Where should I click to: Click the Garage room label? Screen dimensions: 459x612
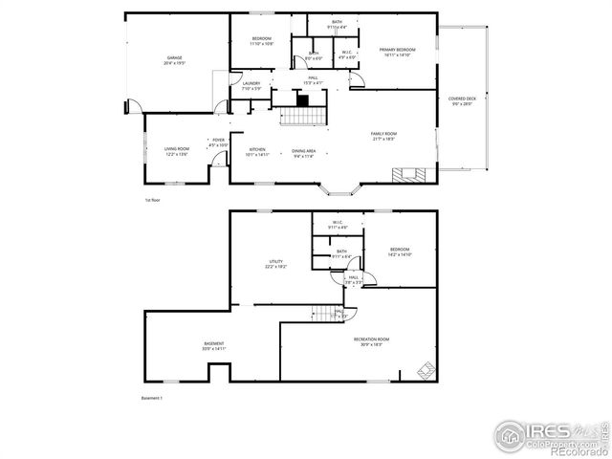(175, 60)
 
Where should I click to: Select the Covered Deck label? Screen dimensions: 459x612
(463, 101)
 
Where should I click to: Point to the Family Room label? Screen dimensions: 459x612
(384, 136)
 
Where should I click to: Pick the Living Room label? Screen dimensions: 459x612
(177, 151)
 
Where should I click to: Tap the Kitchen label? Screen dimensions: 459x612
(258, 151)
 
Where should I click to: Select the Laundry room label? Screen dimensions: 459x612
(251, 86)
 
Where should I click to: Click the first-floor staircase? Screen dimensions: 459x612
(304, 116)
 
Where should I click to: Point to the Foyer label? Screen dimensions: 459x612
(219, 142)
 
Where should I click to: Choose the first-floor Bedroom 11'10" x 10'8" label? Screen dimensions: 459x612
(262, 41)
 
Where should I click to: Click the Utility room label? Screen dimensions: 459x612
(276, 264)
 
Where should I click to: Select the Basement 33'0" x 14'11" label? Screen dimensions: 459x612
(213, 346)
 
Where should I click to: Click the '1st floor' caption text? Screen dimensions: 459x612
(152, 200)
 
